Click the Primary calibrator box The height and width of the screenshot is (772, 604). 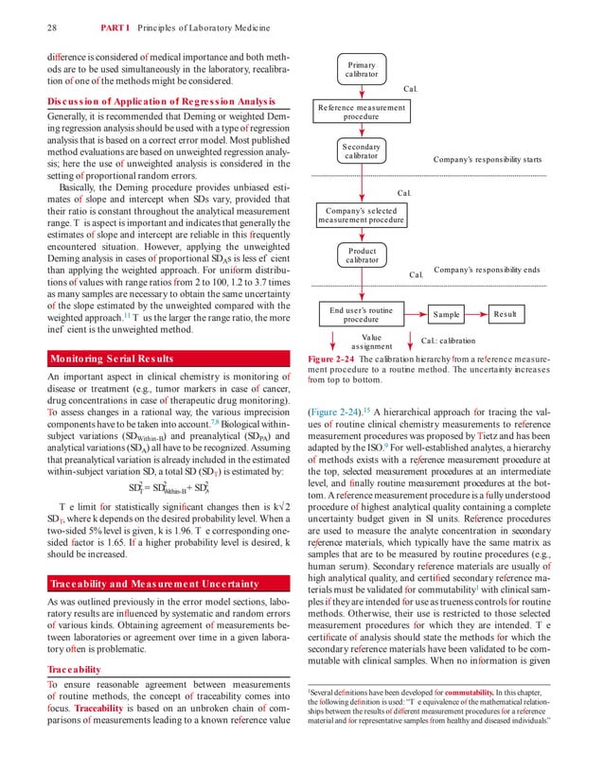(x=361, y=69)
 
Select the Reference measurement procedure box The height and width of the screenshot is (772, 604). (x=361, y=113)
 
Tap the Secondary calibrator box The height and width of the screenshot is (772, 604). (x=361, y=152)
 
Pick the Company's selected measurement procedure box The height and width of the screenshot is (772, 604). (x=361, y=216)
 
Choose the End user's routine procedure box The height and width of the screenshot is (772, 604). (x=361, y=314)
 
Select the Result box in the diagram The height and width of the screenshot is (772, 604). (x=517, y=313)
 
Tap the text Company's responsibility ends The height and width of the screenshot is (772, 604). (x=487, y=270)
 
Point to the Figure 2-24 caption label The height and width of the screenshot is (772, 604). (x=333, y=360)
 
